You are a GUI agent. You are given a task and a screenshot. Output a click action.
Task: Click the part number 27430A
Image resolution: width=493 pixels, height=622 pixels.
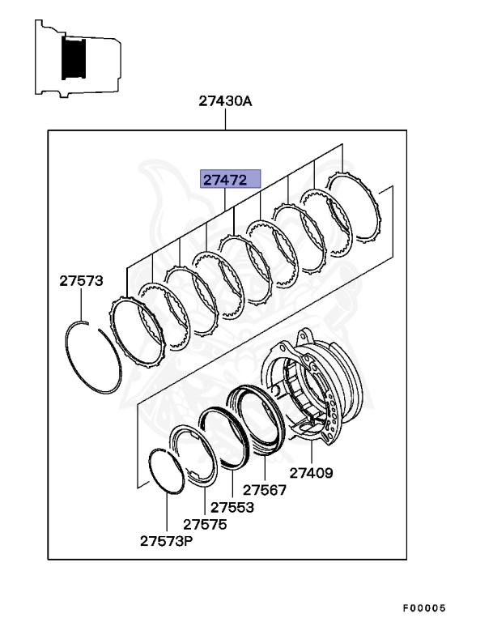226,101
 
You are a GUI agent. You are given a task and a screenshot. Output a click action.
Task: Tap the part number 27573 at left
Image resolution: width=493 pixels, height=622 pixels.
80,281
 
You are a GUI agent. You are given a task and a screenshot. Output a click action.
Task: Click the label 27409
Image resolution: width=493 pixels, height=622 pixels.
311,473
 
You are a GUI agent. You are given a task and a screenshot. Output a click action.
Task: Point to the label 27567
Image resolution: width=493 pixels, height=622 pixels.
265,490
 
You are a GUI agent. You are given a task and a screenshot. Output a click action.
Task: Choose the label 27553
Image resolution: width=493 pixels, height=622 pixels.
232,507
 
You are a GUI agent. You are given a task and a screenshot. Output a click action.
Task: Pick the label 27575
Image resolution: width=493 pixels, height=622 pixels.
204,524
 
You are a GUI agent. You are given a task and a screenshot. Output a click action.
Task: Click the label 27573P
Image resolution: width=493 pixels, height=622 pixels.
165,540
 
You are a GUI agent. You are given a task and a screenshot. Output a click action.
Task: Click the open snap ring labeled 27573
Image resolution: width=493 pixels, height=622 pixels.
91,358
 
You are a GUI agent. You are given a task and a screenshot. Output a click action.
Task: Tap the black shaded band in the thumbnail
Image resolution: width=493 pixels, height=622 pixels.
75,59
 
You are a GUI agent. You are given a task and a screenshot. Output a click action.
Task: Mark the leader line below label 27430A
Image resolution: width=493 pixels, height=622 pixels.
226,120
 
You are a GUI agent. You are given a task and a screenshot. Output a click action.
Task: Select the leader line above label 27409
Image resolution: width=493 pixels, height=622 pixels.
311,451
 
